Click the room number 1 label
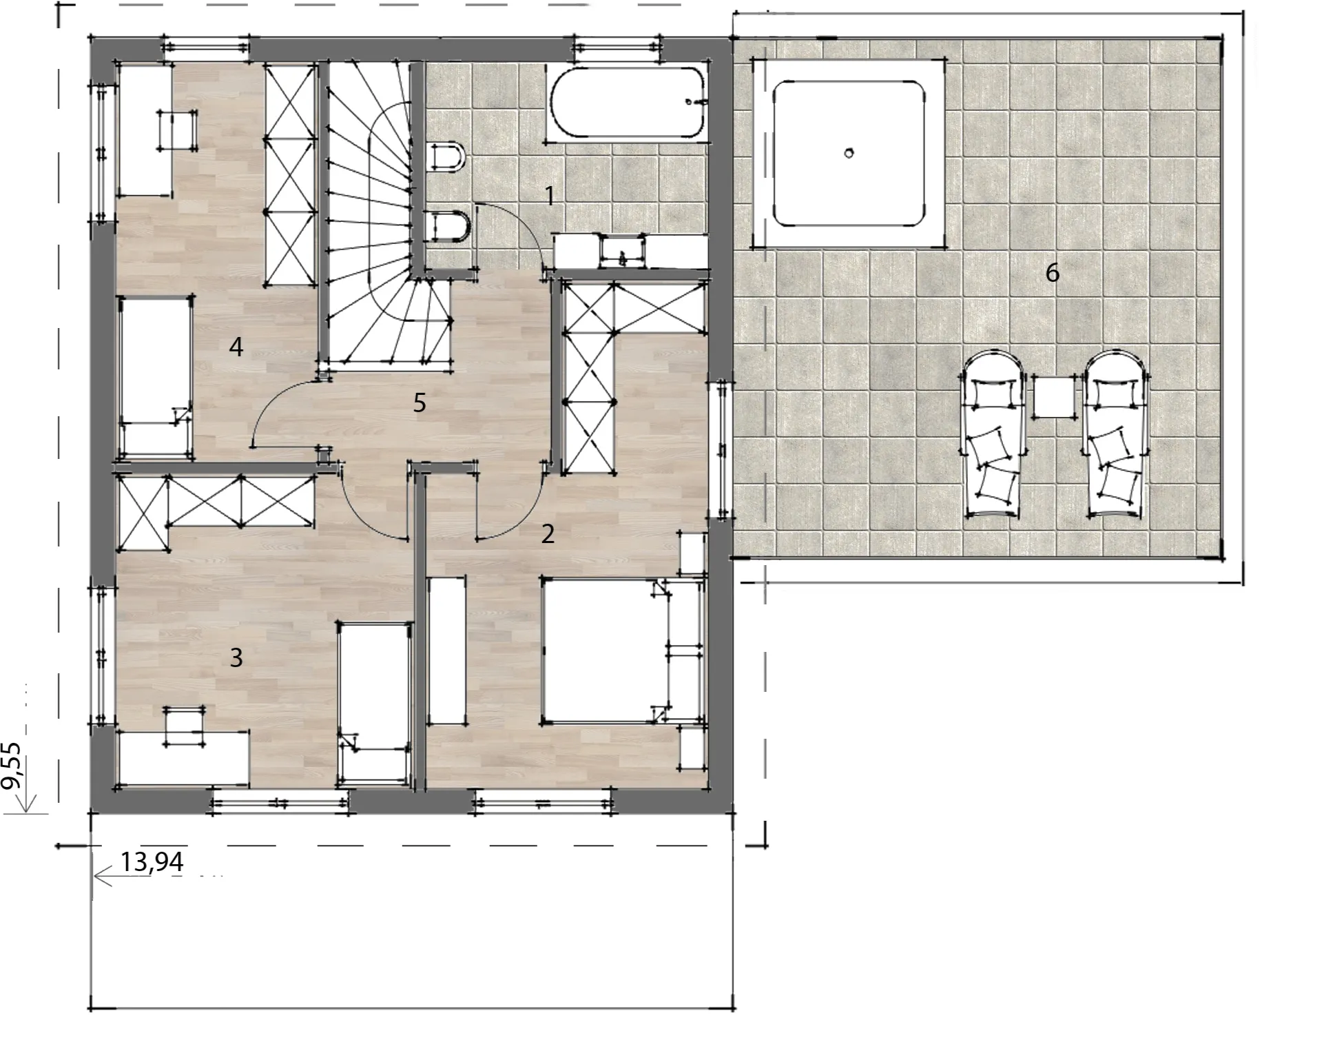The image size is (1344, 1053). [549, 196]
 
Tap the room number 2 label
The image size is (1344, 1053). [548, 533]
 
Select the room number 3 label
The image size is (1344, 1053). [236, 657]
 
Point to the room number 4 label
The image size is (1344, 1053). [236, 347]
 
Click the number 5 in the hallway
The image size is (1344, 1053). [420, 402]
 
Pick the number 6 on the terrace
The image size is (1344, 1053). [1052, 273]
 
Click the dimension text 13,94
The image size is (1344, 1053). [152, 861]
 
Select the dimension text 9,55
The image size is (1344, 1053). [12, 765]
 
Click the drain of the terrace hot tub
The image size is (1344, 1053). [849, 153]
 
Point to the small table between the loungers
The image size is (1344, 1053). [1053, 396]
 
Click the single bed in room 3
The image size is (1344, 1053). [375, 703]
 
